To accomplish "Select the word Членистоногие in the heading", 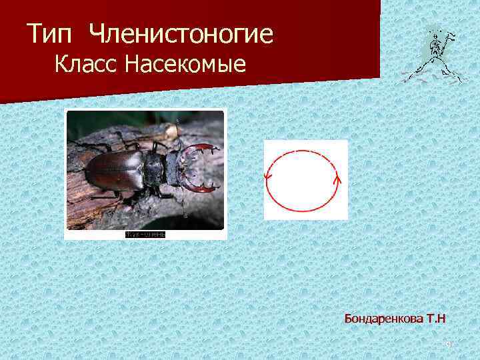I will coord(180,35).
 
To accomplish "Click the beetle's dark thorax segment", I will coord(153,167).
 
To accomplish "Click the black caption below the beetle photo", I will coord(145,235).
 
